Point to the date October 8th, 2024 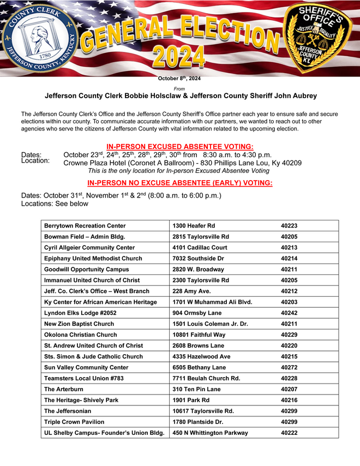pyautogui.click(x=179, y=79)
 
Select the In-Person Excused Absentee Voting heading pyautogui.click(x=179, y=146)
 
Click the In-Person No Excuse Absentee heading pyautogui.click(x=179, y=183)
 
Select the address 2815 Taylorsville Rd pyautogui.click(x=200, y=237)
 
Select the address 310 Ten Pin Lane pyautogui.click(x=197, y=390)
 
